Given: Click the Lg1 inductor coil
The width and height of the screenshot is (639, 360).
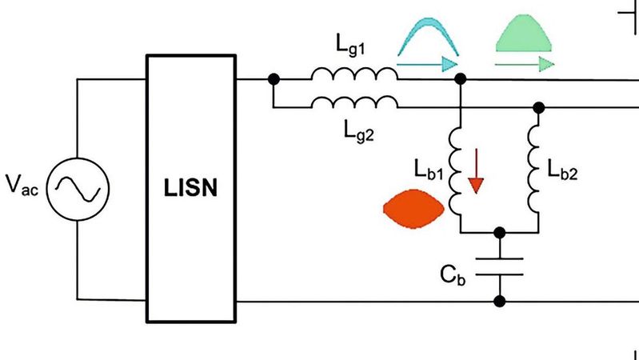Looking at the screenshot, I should tap(354, 74).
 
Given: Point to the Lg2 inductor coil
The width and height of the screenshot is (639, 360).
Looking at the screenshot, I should tap(354, 102).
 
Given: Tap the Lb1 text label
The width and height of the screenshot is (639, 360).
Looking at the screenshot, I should tap(430, 170).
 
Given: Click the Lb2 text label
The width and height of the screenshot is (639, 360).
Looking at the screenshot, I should tap(565, 170).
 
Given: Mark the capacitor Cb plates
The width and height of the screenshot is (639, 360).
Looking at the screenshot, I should tap(500, 266).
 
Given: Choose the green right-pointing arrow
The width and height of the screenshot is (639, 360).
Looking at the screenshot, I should tap(524, 63).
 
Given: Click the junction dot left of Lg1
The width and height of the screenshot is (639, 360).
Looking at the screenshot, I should tap(274, 79).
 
